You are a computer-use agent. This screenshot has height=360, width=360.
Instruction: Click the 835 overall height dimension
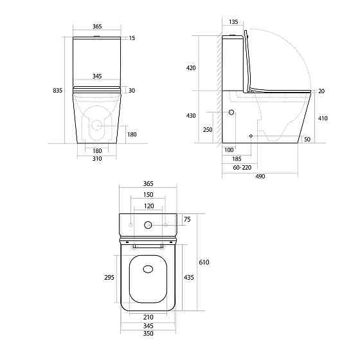(x=57, y=91)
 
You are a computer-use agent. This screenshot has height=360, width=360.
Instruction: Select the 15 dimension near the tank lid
(x=132, y=39)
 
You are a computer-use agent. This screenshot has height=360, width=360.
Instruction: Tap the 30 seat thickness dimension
(x=131, y=89)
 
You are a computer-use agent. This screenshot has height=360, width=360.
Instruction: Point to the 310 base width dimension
(x=96, y=158)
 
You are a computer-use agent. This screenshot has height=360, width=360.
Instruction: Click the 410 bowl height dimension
(x=323, y=118)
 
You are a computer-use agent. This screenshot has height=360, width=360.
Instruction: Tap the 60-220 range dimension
(x=242, y=166)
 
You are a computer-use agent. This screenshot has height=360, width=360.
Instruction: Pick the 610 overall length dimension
(x=205, y=262)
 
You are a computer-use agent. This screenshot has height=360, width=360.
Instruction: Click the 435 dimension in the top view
(x=189, y=277)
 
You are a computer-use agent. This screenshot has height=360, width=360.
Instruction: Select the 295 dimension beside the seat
(x=109, y=278)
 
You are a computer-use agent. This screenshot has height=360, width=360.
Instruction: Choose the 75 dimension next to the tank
(x=188, y=219)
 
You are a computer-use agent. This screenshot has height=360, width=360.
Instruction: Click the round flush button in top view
(x=148, y=226)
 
